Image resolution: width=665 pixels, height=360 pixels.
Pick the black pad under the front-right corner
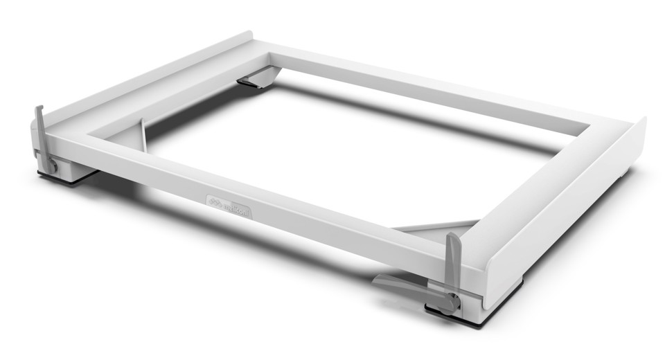pos(478,315)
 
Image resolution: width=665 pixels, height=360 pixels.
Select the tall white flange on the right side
pos(568,208)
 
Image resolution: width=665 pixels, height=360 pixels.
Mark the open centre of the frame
pos(346,159)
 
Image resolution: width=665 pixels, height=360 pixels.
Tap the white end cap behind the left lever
pos(34,132)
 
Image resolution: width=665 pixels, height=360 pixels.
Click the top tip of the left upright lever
pos(37,108)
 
